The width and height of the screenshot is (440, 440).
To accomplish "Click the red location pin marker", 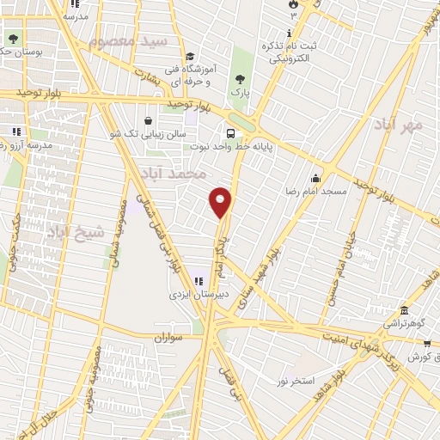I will click(x=221, y=202).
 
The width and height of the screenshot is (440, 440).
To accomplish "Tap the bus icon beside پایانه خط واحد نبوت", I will click(x=231, y=133).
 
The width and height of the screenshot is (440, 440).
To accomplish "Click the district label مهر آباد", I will click(x=401, y=126).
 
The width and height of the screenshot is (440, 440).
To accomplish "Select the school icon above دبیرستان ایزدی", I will click(x=199, y=280).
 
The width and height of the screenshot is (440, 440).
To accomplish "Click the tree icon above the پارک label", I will click(x=239, y=78).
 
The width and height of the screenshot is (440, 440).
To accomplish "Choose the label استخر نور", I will click(x=296, y=380).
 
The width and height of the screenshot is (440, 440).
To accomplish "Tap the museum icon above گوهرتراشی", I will click(x=403, y=310).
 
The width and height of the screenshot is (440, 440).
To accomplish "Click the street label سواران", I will click(x=170, y=339).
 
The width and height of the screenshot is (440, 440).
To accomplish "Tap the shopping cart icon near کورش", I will click(x=426, y=342).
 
